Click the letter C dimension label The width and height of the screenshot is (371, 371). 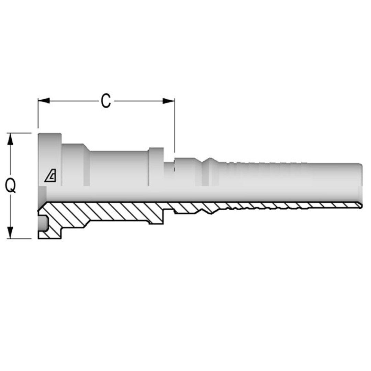[106, 101]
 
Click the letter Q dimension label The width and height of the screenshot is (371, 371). [11, 186]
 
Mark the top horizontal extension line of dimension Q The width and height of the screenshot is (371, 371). [21, 133]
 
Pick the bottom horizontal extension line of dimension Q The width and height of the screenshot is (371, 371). [21, 238]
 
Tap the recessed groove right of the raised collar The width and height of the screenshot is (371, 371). [169, 168]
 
